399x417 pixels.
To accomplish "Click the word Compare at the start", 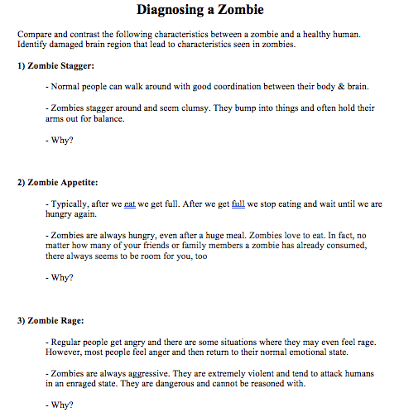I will (34, 35).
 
